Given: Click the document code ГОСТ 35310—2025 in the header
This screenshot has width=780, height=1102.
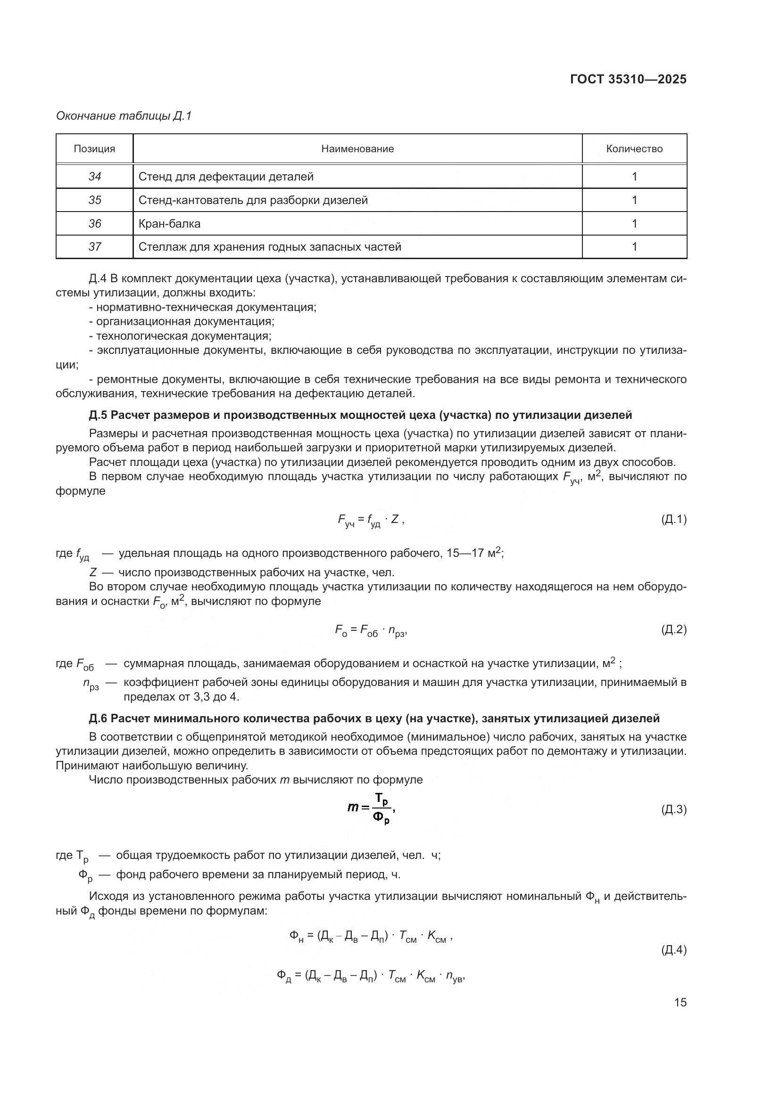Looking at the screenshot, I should (628, 80).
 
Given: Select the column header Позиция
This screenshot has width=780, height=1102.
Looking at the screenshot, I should (94, 149).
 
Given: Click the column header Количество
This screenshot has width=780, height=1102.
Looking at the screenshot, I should (634, 149).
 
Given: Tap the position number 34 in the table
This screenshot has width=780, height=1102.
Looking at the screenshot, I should (95, 177).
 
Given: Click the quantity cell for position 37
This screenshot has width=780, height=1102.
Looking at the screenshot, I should (634, 247).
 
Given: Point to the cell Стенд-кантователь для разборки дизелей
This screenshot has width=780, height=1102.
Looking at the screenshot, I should (253, 200).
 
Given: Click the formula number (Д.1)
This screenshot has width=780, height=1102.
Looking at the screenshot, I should (673, 519).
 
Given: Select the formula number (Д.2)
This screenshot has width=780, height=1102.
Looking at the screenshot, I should (673, 629).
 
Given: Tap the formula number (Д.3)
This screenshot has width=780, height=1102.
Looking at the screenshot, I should (673, 810).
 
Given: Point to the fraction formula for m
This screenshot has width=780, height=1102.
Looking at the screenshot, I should (371, 809).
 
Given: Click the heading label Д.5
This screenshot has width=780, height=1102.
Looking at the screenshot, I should (98, 415).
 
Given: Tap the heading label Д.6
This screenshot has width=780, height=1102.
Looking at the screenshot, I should (98, 718).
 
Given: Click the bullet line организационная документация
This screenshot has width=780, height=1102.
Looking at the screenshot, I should (184, 322).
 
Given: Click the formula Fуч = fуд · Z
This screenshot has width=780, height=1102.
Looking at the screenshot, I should (371, 520).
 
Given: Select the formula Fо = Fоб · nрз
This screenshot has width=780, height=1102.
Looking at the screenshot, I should (371, 630).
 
